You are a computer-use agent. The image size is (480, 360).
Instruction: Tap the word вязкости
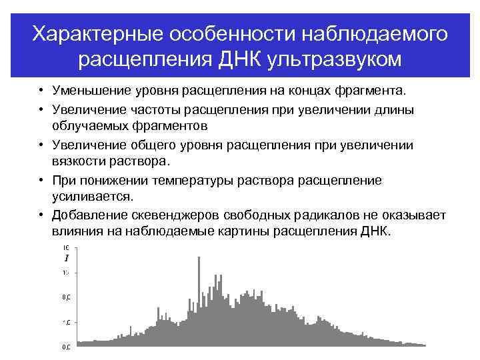(x=78, y=161)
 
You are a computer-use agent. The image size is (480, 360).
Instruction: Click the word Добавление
(x=86, y=215)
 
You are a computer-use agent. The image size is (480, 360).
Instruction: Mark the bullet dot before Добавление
(x=41, y=215)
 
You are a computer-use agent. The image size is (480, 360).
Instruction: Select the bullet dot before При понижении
(x=41, y=180)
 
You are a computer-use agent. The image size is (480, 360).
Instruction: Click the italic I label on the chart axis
(x=67, y=258)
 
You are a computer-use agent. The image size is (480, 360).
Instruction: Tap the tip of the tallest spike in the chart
(x=199, y=257)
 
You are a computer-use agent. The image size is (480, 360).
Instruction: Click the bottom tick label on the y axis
(x=67, y=347)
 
